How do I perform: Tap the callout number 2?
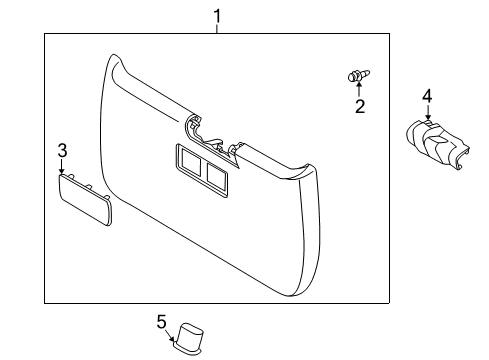pos(360,107)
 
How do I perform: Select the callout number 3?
pos(62,151)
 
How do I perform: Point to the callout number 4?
pos(426,96)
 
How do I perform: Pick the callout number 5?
pos(160,321)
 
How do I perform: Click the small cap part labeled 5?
pos(190,335)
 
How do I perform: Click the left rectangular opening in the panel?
pos(187,158)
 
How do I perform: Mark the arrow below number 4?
pos(427,113)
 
